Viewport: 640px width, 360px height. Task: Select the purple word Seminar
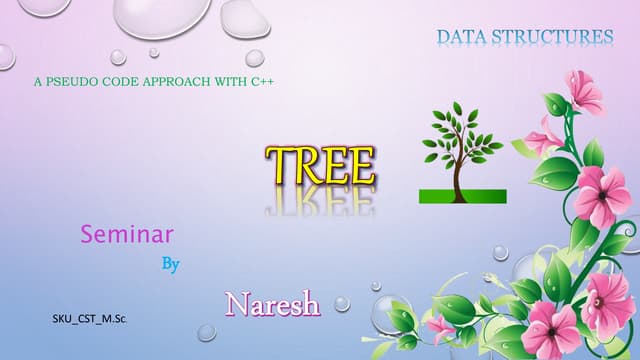point(127,235)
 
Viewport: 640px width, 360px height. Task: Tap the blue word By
point(171,266)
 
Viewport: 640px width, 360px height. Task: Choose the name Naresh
point(273,303)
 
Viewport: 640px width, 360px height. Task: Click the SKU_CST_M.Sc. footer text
point(96,320)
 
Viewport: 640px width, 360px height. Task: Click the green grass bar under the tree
point(462,195)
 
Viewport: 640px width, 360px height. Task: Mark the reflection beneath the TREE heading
point(320,201)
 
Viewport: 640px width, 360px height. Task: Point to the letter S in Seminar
point(88,235)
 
